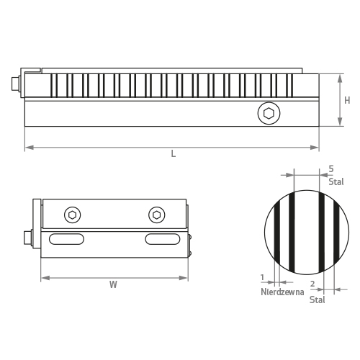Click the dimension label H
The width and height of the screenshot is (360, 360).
(x=347, y=100)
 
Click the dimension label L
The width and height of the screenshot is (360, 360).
(x=174, y=153)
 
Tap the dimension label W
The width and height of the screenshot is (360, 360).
(x=113, y=284)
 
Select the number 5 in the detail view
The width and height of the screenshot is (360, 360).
(x=331, y=169)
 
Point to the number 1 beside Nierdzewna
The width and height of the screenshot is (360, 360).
(x=262, y=277)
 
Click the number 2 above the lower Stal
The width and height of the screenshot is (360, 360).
(x=312, y=284)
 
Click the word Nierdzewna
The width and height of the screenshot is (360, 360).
(x=282, y=292)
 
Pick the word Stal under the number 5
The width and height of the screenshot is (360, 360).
(x=336, y=181)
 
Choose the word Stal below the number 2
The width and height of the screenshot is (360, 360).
(x=317, y=300)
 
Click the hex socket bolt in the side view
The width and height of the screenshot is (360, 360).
(x=269, y=113)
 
